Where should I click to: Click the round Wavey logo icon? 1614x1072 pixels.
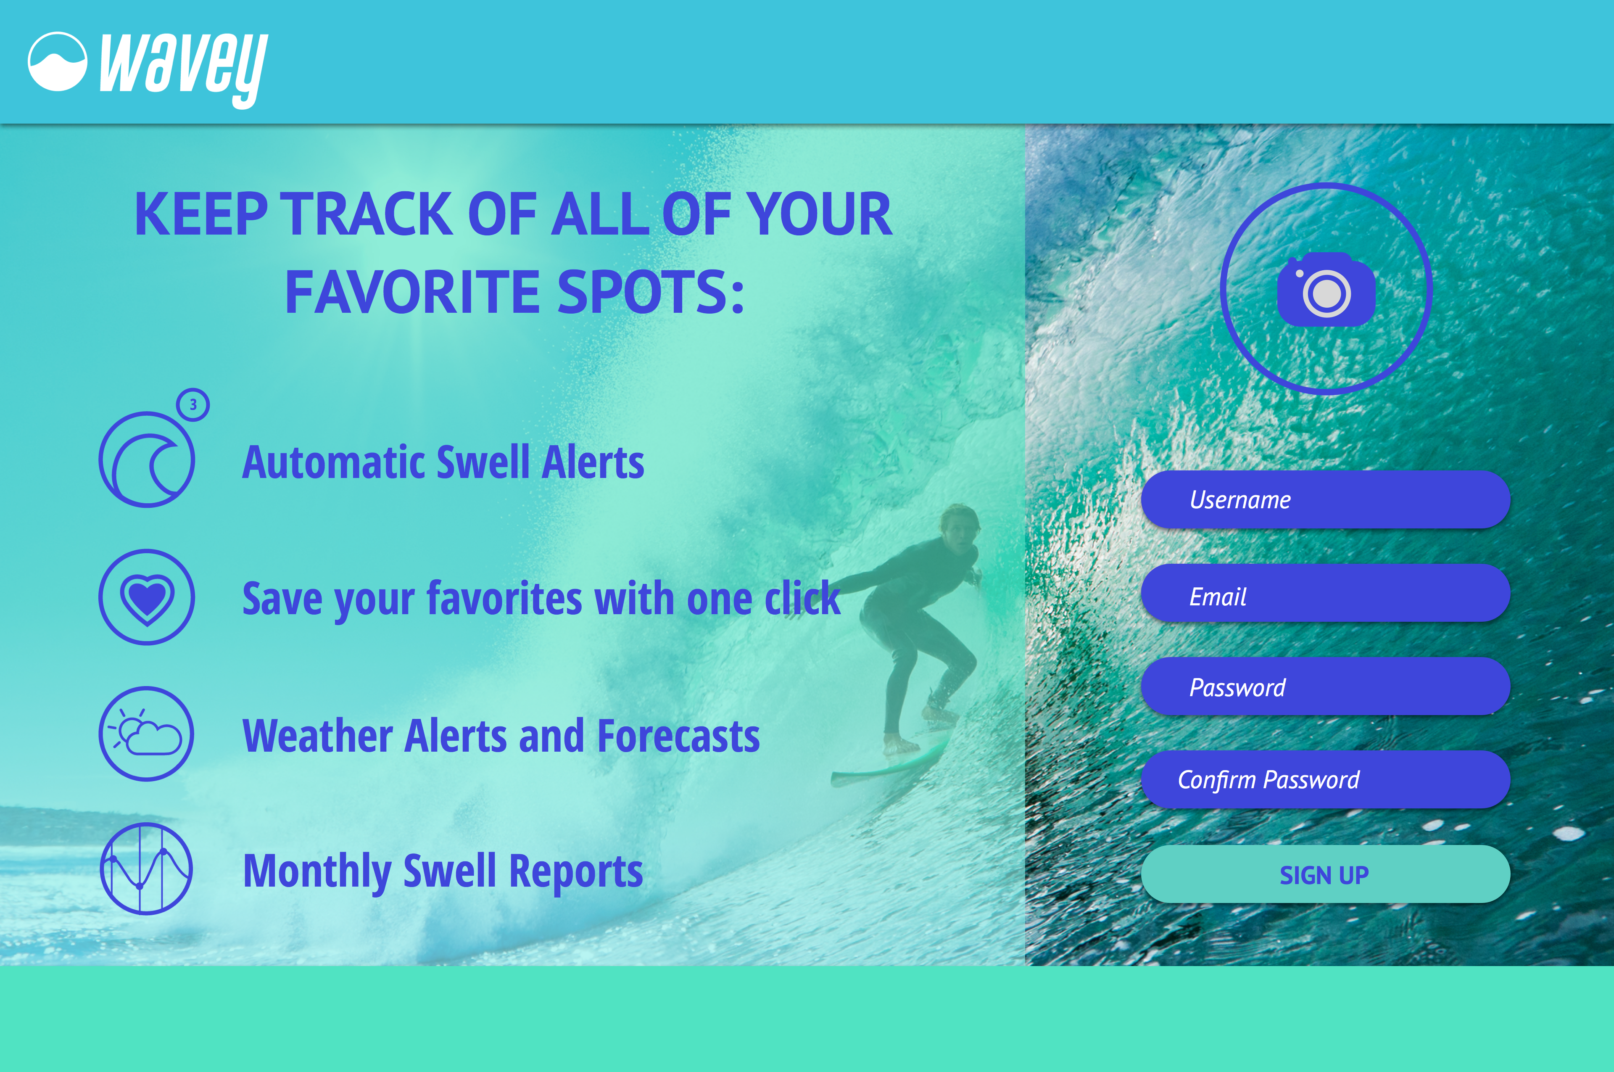point(58,61)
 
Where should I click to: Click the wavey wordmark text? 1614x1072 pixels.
point(183,69)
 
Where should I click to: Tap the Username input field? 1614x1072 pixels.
point(1325,500)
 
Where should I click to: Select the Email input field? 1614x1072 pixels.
point(1325,594)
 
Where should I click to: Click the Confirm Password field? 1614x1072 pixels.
point(1325,779)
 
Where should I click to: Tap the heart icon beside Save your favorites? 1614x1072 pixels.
point(147,597)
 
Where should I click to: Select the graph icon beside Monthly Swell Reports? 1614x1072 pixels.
point(146,869)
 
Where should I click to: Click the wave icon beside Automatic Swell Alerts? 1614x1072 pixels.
point(147,459)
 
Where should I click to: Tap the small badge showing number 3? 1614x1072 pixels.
point(193,405)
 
